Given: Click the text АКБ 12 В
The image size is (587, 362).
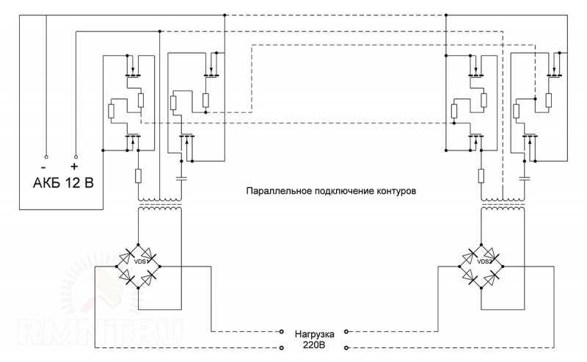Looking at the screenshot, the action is pyautogui.click(x=63, y=183).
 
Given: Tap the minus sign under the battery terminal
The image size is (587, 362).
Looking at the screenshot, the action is pyautogui.click(x=44, y=167).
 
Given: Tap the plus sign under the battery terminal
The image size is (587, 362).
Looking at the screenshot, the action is pyautogui.click(x=74, y=167).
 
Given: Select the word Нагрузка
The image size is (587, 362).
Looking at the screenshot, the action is pyautogui.click(x=315, y=334).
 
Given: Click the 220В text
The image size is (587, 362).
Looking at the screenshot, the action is pyautogui.click(x=315, y=345).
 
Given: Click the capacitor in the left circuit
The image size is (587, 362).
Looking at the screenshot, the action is pyautogui.click(x=181, y=178).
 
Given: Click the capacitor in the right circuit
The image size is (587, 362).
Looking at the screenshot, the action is pyautogui.click(x=525, y=178).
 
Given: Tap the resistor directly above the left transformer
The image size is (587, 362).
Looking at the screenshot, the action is pyautogui.click(x=138, y=175).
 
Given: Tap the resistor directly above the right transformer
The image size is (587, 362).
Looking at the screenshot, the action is pyautogui.click(x=481, y=175).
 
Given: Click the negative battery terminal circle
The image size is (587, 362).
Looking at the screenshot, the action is pyautogui.click(x=46, y=156).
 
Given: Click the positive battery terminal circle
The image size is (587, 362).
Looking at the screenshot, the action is pyautogui.click(x=76, y=156).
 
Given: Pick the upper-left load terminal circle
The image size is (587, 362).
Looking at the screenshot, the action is pyautogui.click(x=282, y=332).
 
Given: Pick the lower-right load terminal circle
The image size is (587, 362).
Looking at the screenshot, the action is pyautogui.click(x=346, y=348).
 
